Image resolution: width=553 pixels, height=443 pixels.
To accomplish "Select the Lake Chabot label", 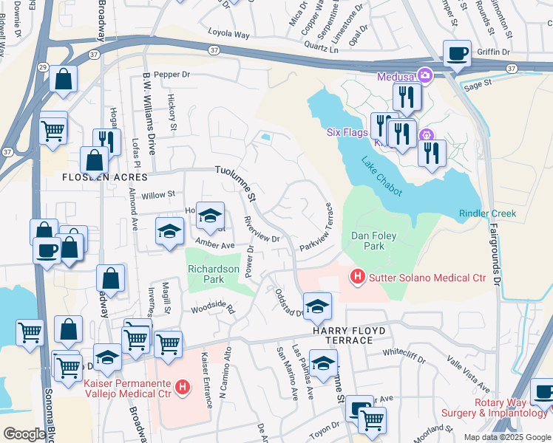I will pos(381,177).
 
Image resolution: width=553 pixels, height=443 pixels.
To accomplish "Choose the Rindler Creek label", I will pos(487,213).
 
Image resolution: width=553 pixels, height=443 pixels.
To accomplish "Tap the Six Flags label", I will pos(346,133).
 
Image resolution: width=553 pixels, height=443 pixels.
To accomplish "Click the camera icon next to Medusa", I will pos(425,75).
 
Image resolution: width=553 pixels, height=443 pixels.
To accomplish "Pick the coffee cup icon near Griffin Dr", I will pos(456,53).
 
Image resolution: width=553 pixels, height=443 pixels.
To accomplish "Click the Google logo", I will pos(24,434).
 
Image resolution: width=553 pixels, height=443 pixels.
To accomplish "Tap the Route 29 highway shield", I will pos(44,67).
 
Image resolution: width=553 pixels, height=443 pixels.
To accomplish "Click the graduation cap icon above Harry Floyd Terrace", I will pos(317,306).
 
